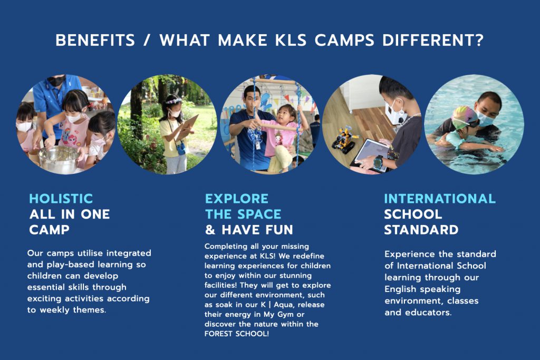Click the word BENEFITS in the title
pos(95,40)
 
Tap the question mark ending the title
pos(479,40)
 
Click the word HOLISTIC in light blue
pos(61,199)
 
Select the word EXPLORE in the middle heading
pos(237,199)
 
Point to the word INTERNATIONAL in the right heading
pos(440,199)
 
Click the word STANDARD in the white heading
pos(421,230)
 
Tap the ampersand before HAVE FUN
pos(210,230)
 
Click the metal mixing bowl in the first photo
pos(59,159)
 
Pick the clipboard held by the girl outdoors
pos(187,127)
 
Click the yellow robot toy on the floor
pos(344,139)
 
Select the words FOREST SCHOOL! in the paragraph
pos(237,334)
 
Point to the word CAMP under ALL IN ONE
pos(49,230)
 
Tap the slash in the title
pos(147,40)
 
